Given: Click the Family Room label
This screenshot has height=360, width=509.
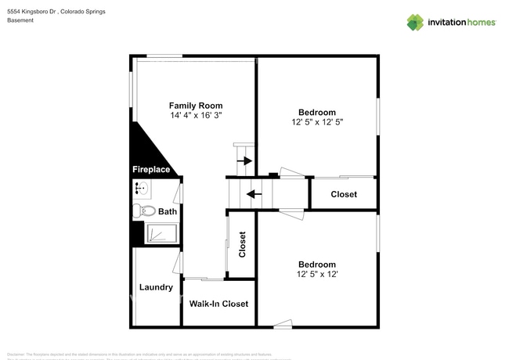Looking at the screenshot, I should tap(196, 106).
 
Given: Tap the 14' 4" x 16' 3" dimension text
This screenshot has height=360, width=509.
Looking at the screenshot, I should tap(196, 116).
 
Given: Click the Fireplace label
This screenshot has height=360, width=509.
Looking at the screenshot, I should tap(151, 169).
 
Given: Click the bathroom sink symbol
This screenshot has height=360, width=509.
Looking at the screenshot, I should tap(141, 188).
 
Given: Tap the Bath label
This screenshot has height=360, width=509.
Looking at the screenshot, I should tap(168, 211).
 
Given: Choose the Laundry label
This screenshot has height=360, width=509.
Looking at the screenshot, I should tap(156, 287).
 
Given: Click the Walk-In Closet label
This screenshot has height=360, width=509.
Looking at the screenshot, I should tap(218, 304).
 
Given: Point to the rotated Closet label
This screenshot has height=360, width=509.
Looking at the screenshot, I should tap(242, 244).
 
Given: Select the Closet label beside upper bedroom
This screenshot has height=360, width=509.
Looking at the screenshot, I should tap(344, 194).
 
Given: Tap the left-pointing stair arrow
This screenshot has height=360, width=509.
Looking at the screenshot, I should tap(252, 193).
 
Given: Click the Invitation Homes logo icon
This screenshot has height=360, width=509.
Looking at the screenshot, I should tap(414, 22).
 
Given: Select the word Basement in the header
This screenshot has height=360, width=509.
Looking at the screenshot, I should tap(21, 21).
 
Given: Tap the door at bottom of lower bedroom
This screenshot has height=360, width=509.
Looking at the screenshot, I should tap(283, 324).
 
